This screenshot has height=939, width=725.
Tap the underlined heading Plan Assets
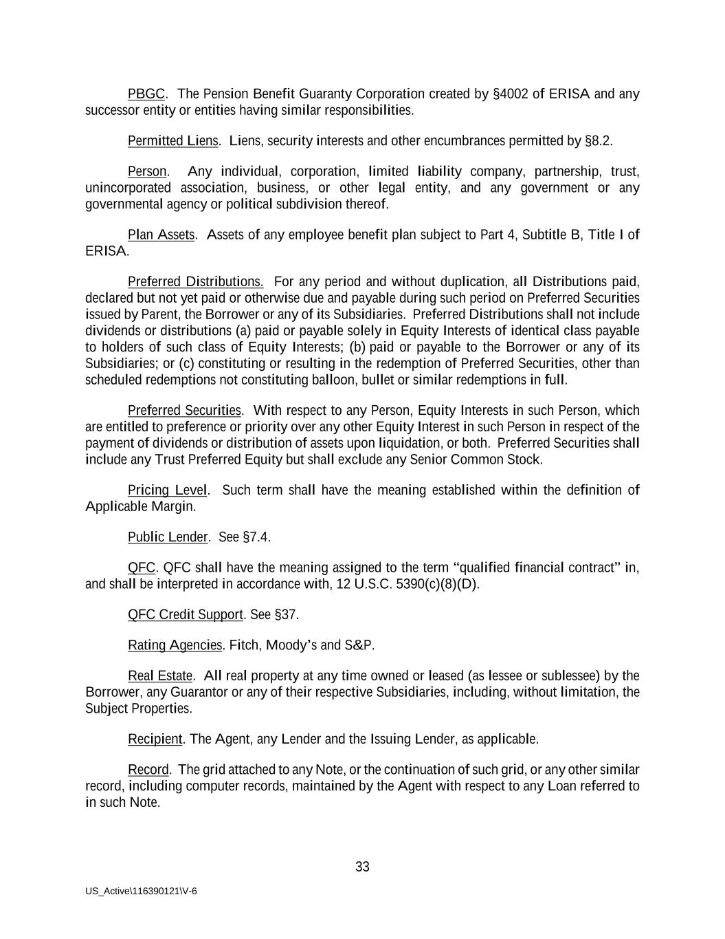161,235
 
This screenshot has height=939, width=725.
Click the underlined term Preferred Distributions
195,281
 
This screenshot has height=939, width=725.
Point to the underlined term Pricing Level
167,490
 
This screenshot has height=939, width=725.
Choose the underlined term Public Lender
168,537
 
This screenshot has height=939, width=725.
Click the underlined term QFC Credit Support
186,614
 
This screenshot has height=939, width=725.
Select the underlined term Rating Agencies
175,645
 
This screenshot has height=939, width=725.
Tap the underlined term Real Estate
160,676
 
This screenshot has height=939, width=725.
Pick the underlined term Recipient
155,739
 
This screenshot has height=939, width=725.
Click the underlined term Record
148,769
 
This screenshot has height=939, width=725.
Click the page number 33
362,867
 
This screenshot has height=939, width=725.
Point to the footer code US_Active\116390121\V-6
141,891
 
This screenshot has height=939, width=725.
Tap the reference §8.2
597,141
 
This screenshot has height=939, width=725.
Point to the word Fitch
243,645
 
